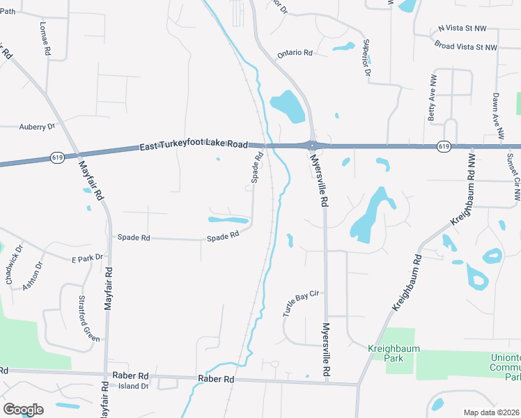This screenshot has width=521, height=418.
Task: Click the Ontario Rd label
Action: pyautogui.click(x=295, y=53)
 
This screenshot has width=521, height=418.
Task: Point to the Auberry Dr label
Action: pyautogui.click(x=37, y=127)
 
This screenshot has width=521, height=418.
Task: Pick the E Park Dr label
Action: pyautogui.click(x=87, y=258)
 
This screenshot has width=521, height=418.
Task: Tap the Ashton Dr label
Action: pyautogui.click(x=32, y=276)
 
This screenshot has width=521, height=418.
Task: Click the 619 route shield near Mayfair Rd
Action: pyautogui.click(x=58, y=158)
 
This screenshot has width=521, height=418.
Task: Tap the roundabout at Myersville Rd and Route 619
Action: pyautogui.click(x=312, y=146)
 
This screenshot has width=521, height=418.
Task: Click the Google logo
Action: pyautogui.click(x=23, y=410)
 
